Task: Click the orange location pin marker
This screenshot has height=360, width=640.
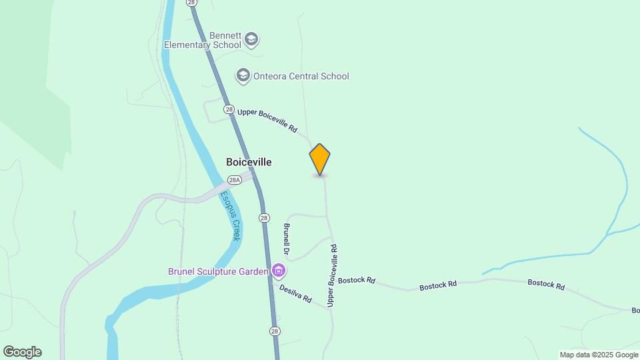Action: [320, 159]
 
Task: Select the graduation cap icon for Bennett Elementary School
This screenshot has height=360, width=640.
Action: [251, 39]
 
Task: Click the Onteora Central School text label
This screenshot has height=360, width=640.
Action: [301, 76]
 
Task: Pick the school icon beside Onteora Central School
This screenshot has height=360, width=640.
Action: [243, 76]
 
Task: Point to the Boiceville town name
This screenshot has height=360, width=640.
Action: [249, 162]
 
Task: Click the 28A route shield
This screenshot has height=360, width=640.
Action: [234, 180]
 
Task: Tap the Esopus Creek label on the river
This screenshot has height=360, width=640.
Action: [231, 215]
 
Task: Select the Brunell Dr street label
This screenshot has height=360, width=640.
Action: [287, 239]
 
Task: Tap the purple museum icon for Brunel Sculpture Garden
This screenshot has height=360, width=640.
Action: [279, 271]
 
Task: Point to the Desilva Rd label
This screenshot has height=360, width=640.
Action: [295, 294]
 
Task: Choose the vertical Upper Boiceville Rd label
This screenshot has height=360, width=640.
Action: [333, 275]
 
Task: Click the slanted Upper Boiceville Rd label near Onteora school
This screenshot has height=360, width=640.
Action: [267, 120]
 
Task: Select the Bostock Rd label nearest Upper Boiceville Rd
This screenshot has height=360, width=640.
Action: [357, 281]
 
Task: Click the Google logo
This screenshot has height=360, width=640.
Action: [22, 352]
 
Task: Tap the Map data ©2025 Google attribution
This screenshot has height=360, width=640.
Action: [599, 355]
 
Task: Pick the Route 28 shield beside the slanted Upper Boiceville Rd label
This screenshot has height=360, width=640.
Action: [229, 109]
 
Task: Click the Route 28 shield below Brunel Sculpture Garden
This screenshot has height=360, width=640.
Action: [275, 331]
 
